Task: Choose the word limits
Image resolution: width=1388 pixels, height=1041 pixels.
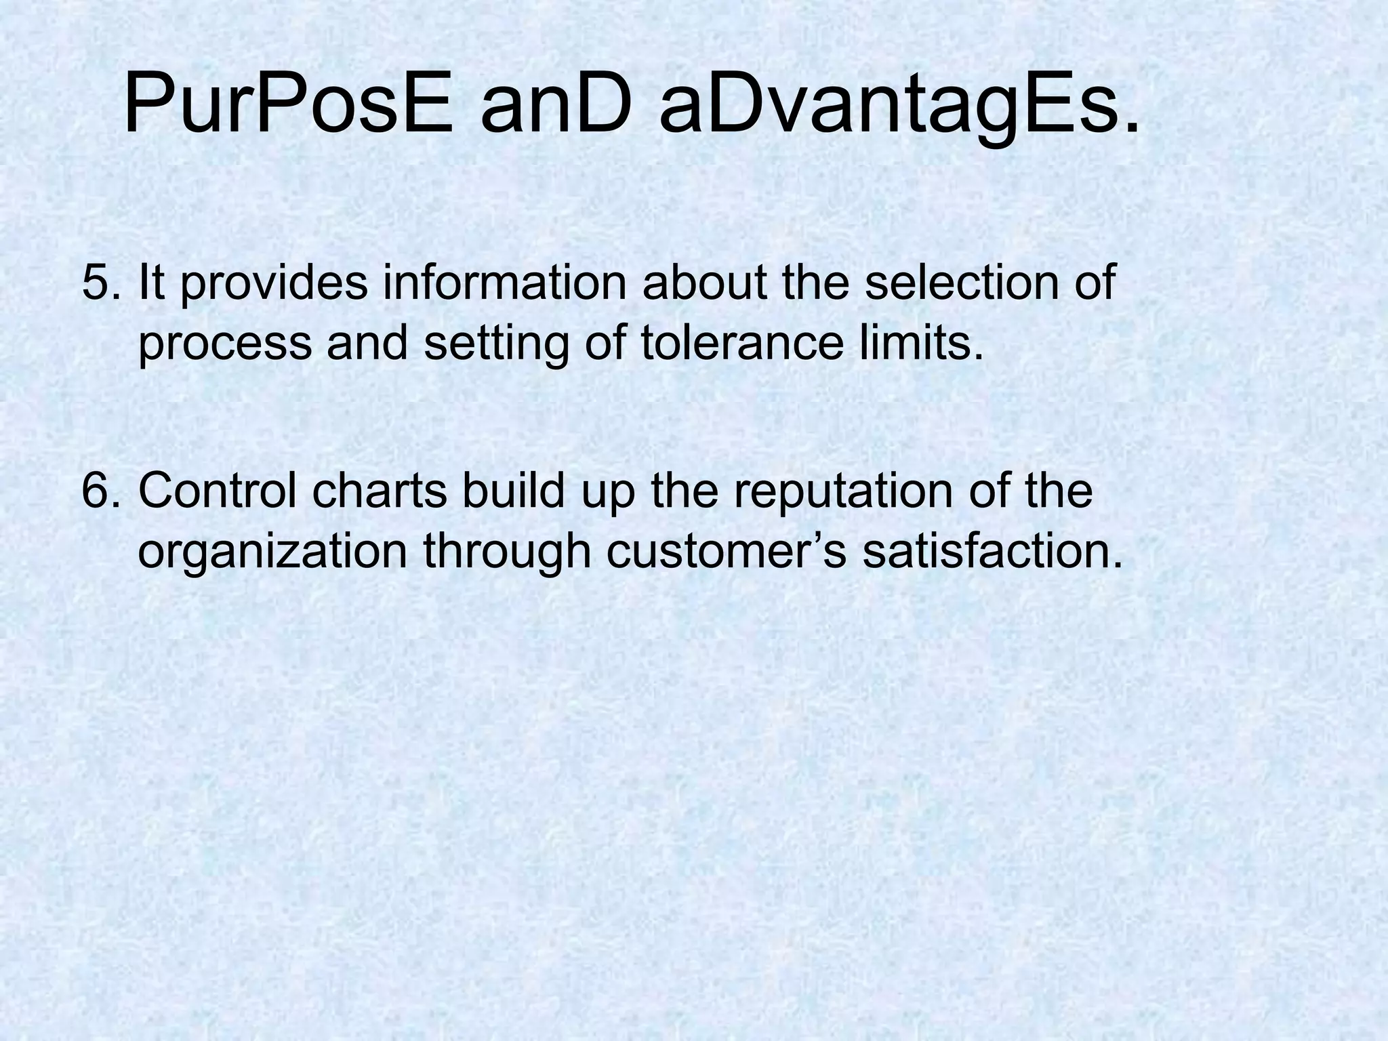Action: [931, 343]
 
